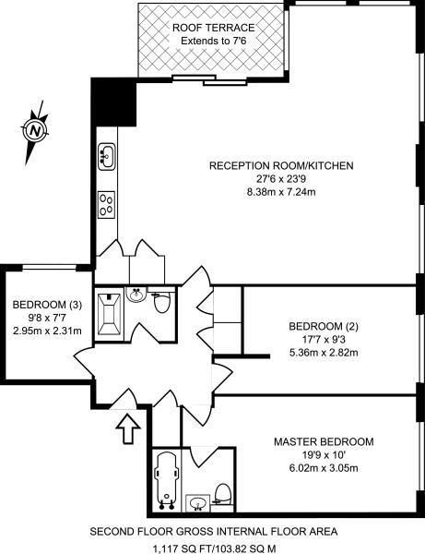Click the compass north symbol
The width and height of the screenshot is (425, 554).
coord(34,129)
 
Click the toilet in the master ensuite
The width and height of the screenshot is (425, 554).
coord(221,494)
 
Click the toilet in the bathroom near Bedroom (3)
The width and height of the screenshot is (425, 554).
coord(162,302)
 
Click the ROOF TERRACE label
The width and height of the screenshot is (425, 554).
coord(213,28)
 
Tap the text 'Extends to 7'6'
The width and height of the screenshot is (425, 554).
coord(213,42)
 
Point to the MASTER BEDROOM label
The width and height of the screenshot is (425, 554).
coord(323,442)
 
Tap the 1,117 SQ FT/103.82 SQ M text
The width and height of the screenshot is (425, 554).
coord(213,547)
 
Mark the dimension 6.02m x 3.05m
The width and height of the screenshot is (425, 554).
coord(323,469)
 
